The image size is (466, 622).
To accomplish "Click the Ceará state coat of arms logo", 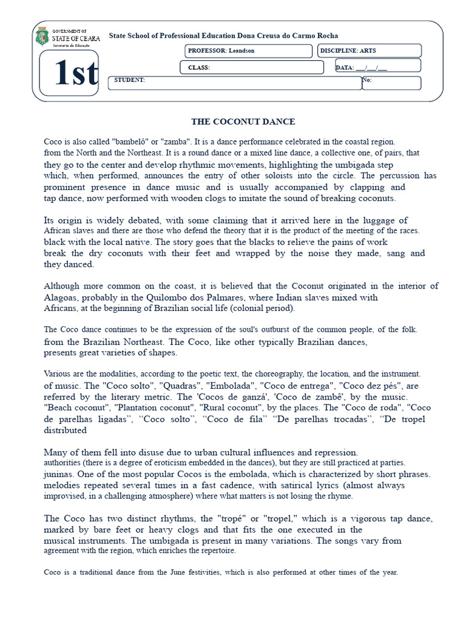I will click(x=41, y=37).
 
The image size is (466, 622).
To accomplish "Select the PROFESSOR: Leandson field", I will click(x=248, y=51).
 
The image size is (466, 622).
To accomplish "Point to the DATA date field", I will click(x=377, y=67).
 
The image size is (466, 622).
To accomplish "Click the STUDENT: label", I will click(x=129, y=80).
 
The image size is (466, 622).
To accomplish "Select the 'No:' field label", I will click(x=366, y=80).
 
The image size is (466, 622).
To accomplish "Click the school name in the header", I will click(x=223, y=36).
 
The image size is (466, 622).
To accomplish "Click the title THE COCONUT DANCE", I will click(x=243, y=122).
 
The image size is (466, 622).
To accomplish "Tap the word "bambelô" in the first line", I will click(x=131, y=142).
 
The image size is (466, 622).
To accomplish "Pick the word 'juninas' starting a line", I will click(x=58, y=474).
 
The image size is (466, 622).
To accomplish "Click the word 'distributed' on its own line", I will click(x=66, y=430).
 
